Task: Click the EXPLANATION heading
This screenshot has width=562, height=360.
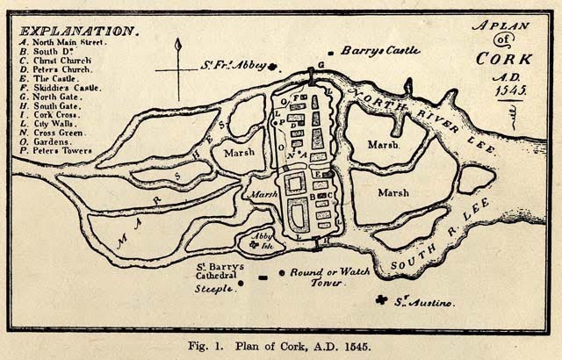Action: (x=77, y=31)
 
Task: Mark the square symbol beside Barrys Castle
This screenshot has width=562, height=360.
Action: (x=330, y=53)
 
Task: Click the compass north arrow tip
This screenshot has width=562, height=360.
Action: (x=178, y=44)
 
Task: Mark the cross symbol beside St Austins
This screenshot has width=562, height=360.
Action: (x=381, y=300)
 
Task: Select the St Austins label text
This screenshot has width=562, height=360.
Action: (x=424, y=303)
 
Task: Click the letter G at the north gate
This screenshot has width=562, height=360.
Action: (x=321, y=66)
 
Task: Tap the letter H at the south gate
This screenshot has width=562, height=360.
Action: (x=327, y=239)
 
